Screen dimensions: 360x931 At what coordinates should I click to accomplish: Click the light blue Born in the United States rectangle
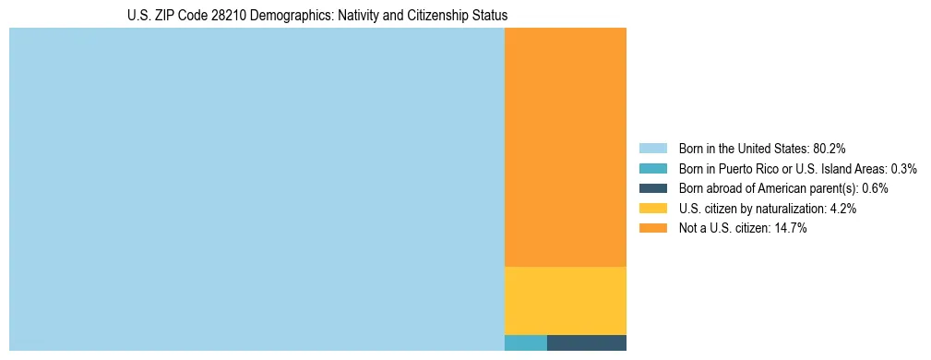coord(257,189)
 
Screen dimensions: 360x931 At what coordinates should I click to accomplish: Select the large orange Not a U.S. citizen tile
coord(565,147)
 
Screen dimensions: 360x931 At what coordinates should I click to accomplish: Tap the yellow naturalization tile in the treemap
coord(565,300)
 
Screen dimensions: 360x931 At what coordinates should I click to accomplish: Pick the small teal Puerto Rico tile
coord(525,342)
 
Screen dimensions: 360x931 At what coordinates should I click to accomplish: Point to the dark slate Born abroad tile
coord(586,342)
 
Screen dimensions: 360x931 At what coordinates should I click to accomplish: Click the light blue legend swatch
coord(653,149)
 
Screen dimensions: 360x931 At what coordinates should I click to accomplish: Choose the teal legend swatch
coord(653,169)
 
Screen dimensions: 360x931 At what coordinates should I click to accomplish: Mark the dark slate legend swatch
coord(653,188)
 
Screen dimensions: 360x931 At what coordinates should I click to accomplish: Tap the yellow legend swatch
coord(653,209)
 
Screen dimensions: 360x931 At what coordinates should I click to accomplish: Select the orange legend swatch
coord(653,228)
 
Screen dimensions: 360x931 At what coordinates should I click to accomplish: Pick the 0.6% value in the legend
coord(876,188)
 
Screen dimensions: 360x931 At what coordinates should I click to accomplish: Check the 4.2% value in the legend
coord(843,209)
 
